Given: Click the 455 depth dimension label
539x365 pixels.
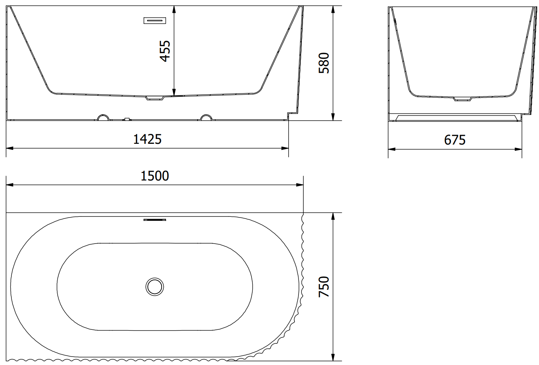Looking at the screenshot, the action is click(x=165, y=51).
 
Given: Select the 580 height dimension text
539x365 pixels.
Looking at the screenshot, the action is click(x=323, y=63).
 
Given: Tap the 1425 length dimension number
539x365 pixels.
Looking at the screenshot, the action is click(x=147, y=139).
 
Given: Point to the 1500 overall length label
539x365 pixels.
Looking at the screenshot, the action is click(x=155, y=176).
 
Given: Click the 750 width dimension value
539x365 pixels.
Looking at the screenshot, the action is click(x=323, y=286).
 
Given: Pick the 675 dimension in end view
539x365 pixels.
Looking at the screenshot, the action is click(x=455, y=140).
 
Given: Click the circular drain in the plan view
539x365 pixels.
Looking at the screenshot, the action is click(x=155, y=286).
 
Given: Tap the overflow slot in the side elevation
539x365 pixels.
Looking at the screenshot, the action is click(x=155, y=21).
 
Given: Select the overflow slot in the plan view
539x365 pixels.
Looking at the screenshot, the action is click(x=155, y=220).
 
